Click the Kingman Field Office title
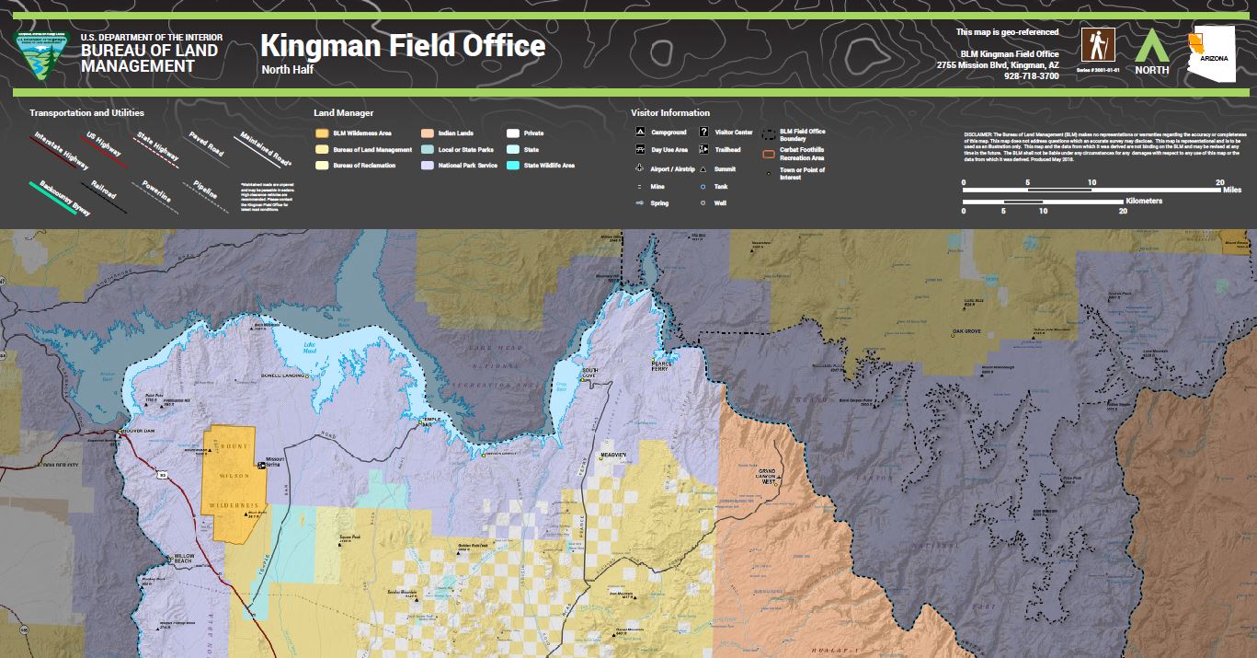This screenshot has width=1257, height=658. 402,46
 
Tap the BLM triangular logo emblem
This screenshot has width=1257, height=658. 44,54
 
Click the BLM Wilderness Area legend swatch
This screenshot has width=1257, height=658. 321,133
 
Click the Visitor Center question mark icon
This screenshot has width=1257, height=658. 703,133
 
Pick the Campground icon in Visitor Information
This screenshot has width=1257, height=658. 640,133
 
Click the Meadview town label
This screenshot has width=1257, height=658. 613,456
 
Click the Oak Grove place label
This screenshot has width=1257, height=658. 968,330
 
